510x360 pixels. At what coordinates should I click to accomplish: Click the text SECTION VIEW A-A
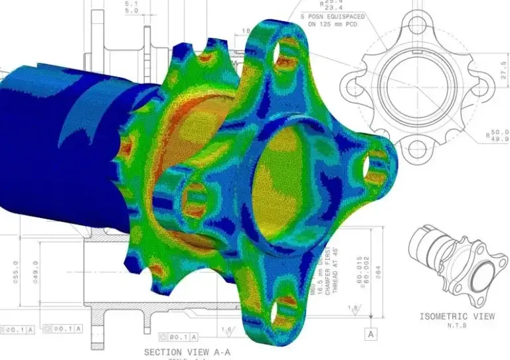pyautogui.click(x=187, y=351)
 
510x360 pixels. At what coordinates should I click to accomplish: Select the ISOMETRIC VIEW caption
pyautogui.click(x=457, y=316)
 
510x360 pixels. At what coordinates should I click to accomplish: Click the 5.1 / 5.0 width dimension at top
pyautogui.click(x=131, y=7)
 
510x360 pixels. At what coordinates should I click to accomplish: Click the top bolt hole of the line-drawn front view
pyautogui.click(x=416, y=25)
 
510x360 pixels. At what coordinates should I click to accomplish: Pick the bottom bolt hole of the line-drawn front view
pyautogui.click(x=416, y=145)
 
